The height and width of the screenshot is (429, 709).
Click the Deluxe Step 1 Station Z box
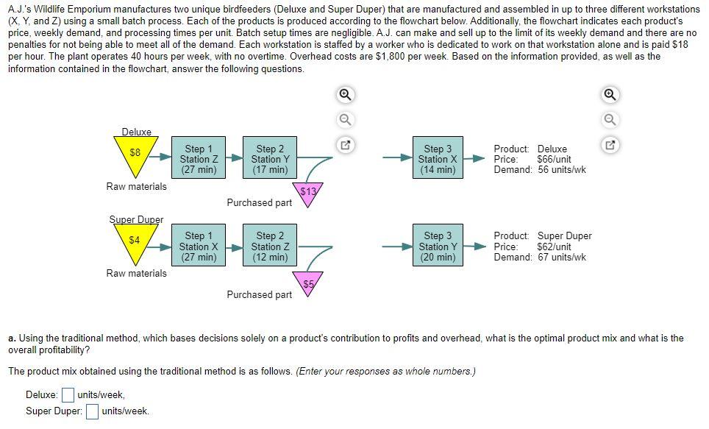(x=199, y=157)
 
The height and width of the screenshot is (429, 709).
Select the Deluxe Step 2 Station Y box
(x=270, y=157)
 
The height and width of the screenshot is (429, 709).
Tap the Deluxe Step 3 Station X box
(x=438, y=157)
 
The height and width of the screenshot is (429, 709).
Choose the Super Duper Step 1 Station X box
(x=199, y=245)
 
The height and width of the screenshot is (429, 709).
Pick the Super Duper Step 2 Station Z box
(x=270, y=245)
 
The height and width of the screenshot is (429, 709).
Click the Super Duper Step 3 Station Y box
(x=438, y=245)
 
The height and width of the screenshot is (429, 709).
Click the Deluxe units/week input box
(x=68, y=395)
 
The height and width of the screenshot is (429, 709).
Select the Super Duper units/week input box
(x=92, y=411)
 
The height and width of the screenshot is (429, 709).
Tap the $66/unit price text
(x=554, y=159)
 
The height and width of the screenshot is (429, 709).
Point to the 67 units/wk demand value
(x=562, y=257)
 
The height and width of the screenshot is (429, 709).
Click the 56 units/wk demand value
(x=562, y=170)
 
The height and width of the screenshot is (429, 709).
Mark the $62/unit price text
(x=554, y=247)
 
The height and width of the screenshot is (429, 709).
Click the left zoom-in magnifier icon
(x=346, y=95)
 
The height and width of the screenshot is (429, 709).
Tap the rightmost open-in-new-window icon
(x=610, y=145)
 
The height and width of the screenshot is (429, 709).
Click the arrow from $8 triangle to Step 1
(x=160, y=157)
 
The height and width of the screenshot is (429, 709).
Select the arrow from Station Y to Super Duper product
(x=474, y=247)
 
